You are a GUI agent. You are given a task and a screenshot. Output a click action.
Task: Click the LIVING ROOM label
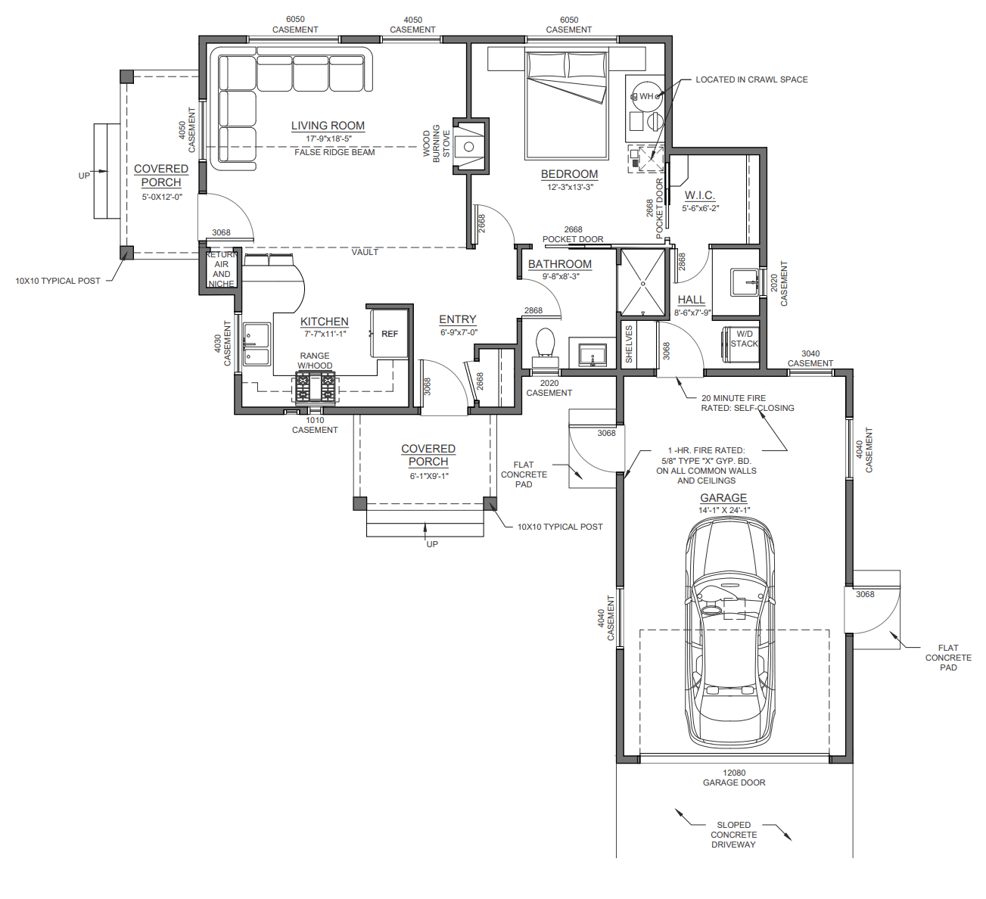tap(328, 126)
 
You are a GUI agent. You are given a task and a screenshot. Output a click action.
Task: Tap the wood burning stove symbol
tap(469, 146)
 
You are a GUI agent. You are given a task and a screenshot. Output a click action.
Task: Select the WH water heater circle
tap(645, 96)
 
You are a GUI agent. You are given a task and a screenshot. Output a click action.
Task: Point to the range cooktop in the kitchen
tap(315, 387)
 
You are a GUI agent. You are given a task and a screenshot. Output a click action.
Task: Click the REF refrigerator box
tap(389, 334)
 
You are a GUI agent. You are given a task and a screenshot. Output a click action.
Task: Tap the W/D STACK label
tap(744, 339)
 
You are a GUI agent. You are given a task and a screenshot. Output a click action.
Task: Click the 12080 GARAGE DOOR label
tap(734, 778)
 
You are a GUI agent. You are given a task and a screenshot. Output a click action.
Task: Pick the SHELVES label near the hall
tap(629, 344)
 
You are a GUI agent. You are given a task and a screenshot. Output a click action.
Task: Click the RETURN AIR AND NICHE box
tap(221, 269)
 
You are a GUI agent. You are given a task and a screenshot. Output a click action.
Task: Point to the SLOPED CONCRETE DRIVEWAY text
tap(733, 835)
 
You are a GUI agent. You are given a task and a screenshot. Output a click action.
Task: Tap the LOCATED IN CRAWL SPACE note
tap(751, 79)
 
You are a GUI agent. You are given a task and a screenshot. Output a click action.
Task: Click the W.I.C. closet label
tap(700, 196)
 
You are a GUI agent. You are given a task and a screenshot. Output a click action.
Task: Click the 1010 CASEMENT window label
tap(315, 425)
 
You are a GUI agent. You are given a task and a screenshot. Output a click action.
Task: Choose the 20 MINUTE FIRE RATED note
tap(748, 403)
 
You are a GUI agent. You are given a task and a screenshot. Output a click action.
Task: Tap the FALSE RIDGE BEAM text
tap(334, 152)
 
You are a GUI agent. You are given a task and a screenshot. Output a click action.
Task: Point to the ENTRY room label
tap(458, 319)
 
